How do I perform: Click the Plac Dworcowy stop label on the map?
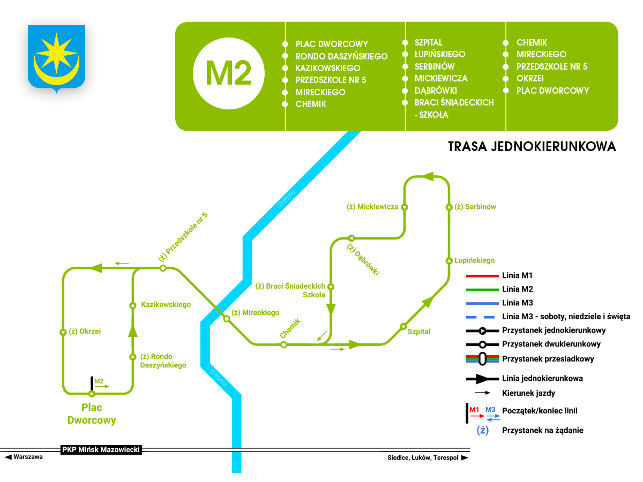(92, 413)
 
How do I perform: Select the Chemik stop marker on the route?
(284, 344)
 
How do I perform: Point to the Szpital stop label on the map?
(419, 332)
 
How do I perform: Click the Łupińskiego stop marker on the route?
(449, 260)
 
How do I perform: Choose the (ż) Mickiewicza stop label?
(372, 206)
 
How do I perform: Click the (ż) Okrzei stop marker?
(63, 332)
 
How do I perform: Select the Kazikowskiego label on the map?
(166, 304)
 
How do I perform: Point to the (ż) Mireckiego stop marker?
(227, 319)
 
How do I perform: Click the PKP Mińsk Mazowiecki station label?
(101, 450)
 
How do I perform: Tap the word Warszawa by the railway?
(28, 457)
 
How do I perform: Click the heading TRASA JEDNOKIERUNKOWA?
(532, 146)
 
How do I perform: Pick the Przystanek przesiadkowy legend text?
(548, 359)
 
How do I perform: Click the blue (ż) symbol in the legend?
(483, 430)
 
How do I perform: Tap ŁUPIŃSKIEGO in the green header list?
(440, 54)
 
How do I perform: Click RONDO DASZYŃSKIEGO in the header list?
(341, 56)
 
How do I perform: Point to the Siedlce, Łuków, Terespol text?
(423, 458)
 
